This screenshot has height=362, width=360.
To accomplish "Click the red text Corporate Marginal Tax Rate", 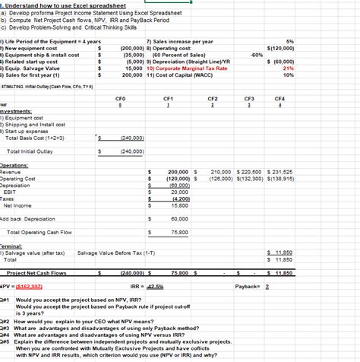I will pyautogui.click(x=187, y=68).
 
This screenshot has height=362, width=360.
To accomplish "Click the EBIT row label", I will pyautogui.click(x=14, y=192).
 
